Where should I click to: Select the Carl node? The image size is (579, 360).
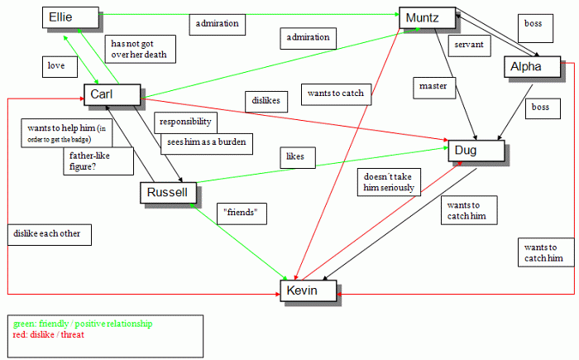tap(112, 95)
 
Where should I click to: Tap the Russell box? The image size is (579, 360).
tap(168, 193)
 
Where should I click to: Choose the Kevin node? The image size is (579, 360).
tap(308, 290)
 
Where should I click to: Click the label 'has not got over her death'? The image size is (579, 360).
tap(140, 49)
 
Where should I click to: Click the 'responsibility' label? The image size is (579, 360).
tap(185, 122)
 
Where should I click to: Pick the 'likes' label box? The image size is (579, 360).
tap(295, 156)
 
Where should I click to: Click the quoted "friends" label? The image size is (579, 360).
tap(243, 214)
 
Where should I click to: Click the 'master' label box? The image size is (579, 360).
tap(433, 85)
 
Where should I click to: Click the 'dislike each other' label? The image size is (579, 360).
tap(47, 233)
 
